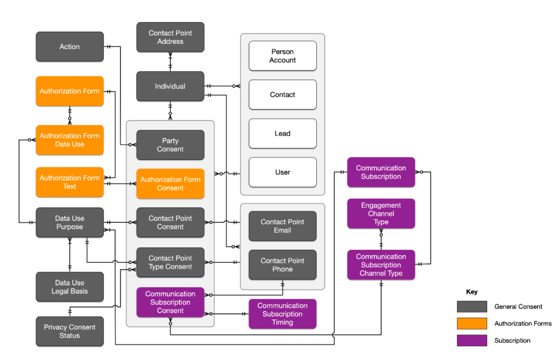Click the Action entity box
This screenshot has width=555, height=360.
pyautogui.click(x=70, y=47)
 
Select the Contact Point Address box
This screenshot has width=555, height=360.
pyautogui.click(x=170, y=37)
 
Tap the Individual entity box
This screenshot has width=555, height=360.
pyautogui.click(x=170, y=86)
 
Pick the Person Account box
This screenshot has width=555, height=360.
pyautogui.click(x=283, y=56)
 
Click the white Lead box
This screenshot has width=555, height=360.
pyautogui.click(x=283, y=133)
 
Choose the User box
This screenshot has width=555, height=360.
pyautogui.click(x=283, y=172)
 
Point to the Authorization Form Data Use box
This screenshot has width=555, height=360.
pyautogui.click(x=70, y=140)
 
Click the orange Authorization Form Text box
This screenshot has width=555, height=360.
pyautogui.click(x=70, y=182)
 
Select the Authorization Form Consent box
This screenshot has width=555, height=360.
pyautogui.click(x=170, y=184)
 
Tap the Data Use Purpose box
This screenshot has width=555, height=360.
pyautogui.click(x=70, y=223)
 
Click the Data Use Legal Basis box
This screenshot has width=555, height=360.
pyautogui.click(x=70, y=287)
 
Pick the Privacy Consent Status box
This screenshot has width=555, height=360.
pyautogui.click(x=70, y=332)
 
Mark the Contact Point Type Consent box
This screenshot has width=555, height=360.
pyautogui.click(x=170, y=263)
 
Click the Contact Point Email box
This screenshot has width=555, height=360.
pyautogui.click(x=283, y=226)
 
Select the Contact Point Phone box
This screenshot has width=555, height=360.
pyautogui.click(x=283, y=265)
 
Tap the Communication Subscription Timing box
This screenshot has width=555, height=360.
pyautogui.click(x=283, y=314)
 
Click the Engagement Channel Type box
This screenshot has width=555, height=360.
pyautogui.click(x=381, y=213)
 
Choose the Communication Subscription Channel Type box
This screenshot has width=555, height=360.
pyautogui.click(x=381, y=265)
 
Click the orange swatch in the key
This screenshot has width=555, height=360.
pyautogui.click(x=472, y=323)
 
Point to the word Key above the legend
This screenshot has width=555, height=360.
pyautogui.click(x=472, y=292)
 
